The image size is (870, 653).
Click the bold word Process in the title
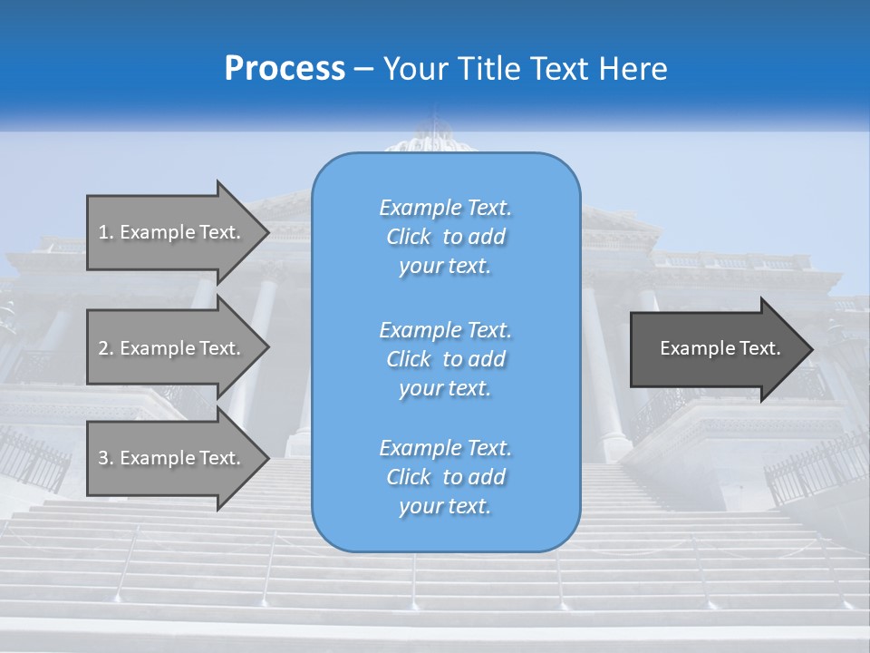(x=285, y=69)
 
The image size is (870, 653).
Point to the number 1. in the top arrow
(x=106, y=232)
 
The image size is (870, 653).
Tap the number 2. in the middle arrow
(x=106, y=348)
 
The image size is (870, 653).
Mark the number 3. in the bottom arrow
(x=106, y=458)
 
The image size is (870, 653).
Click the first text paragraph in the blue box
(x=445, y=237)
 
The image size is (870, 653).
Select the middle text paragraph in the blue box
(x=445, y=359)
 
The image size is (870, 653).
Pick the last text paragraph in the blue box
(x=445, y=477)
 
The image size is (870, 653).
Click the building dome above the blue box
(x=434, y=139)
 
